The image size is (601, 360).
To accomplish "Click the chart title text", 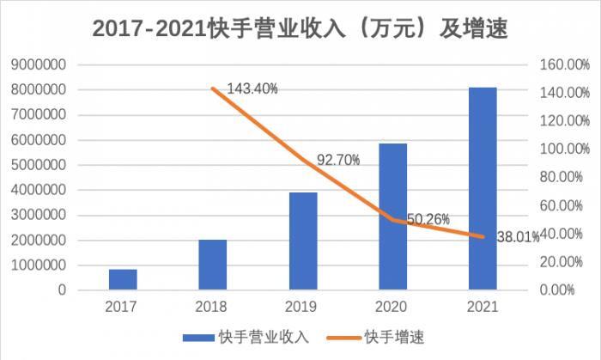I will (x=300, y=29).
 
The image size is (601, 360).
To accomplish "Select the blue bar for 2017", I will (x=123, y=279).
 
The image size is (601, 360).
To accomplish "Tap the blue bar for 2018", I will (x=213, y=265).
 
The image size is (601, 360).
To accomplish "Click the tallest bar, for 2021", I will (x=483, y=189).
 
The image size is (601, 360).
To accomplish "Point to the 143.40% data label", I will (x=253, y=88).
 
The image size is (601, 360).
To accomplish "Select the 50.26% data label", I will (x=428, y=219).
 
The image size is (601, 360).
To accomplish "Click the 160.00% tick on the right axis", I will (x=564, y=64).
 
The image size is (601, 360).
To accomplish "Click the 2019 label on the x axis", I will (x=303, y=306).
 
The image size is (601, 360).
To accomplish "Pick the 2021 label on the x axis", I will (x=483, y=306).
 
